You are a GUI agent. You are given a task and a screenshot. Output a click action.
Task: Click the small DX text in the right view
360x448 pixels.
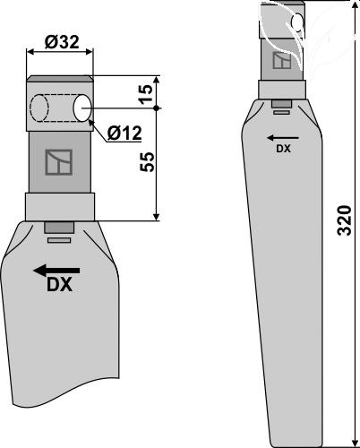[x=282, y=150]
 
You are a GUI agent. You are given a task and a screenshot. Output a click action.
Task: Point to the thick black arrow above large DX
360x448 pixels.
[x=56, y=270]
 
